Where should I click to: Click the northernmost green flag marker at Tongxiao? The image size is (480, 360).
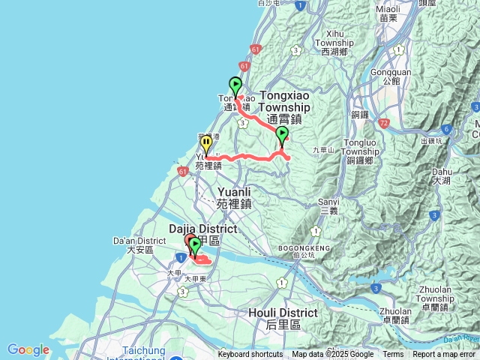[x=235, y=85]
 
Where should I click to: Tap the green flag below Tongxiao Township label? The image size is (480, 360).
[x=282, y=135]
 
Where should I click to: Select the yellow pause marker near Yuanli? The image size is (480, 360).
[x=206, y=143]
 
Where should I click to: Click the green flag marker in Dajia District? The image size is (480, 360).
[x=195, y=246]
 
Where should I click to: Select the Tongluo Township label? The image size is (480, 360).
[x=365, y=149]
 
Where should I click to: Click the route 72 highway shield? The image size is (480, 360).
[x=385, y=121]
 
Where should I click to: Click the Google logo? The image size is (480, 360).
[x=28, y=349]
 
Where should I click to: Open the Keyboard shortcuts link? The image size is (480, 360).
[x=250, y=355]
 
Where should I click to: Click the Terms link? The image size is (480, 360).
[x=393, y=355]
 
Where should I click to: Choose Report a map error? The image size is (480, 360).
[x=444, y=355]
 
